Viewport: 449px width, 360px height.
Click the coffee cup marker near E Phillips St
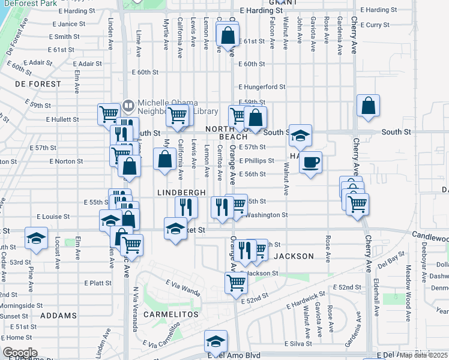310,162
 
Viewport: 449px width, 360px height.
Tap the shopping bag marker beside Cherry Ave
369,106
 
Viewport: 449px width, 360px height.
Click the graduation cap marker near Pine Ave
37,238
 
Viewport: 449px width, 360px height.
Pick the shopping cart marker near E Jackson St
237,281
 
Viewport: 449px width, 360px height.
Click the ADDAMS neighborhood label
59,315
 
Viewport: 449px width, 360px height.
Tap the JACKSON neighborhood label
294,256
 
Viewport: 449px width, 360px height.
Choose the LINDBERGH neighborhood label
182,192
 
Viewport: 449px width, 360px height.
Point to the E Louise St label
53,216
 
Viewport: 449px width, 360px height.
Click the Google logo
20,353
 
